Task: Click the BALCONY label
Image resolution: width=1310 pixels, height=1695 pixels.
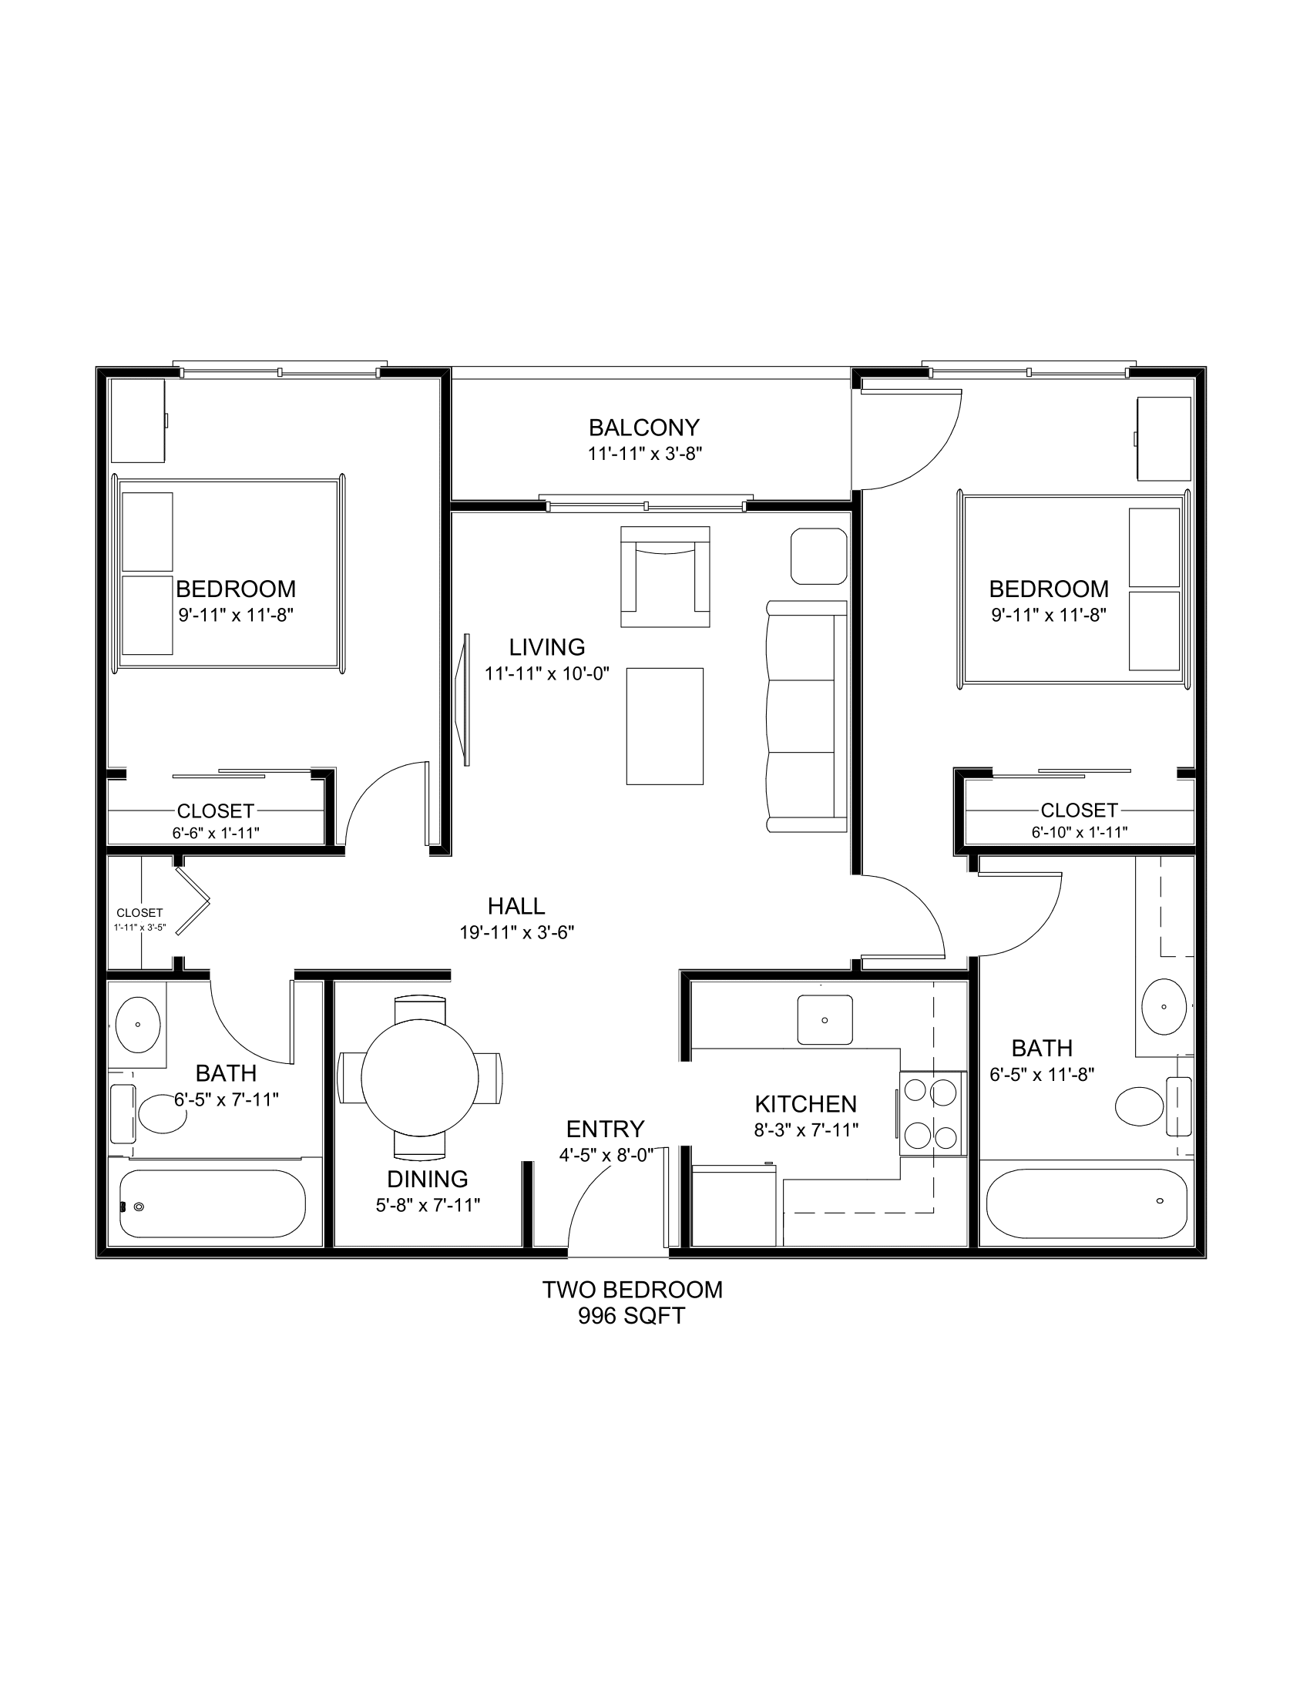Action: pyautogui.click(x=644, y=428)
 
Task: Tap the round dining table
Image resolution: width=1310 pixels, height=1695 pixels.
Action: pyautogui.click(x=420, y=1078)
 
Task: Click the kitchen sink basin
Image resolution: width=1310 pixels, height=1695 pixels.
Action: pyautogui.click(x=825, y=1020)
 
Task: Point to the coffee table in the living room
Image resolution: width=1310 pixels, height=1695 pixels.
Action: pyautogui.click(x=664, y=726)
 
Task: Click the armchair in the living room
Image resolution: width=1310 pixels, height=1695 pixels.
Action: pyautogui.click(x=665, y=576)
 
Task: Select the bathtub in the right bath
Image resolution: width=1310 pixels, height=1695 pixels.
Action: pyautogui.click(x=1087, y=1203)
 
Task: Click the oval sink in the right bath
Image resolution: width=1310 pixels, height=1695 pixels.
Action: pyautogui.click(x=1164, y=1007)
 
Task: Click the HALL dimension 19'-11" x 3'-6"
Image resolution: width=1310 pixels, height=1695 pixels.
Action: pyautogui.click(x=517, y=932)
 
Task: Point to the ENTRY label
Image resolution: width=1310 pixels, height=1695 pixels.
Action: pyautogui.click(x=606, y=1129)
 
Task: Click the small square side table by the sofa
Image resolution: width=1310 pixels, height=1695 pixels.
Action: pyautogui.click(x=818, y=555)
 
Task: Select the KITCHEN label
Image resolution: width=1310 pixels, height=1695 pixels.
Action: pyautogui.click(x=805, y=1103)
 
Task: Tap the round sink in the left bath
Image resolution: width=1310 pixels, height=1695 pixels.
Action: pyautogui.click(x=138, y=1025)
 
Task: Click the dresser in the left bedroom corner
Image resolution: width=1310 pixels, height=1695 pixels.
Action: pyautogui.click(x=139, y=421)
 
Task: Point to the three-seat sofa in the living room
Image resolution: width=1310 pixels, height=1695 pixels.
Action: pyautogui.click(x=806, y=717)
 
